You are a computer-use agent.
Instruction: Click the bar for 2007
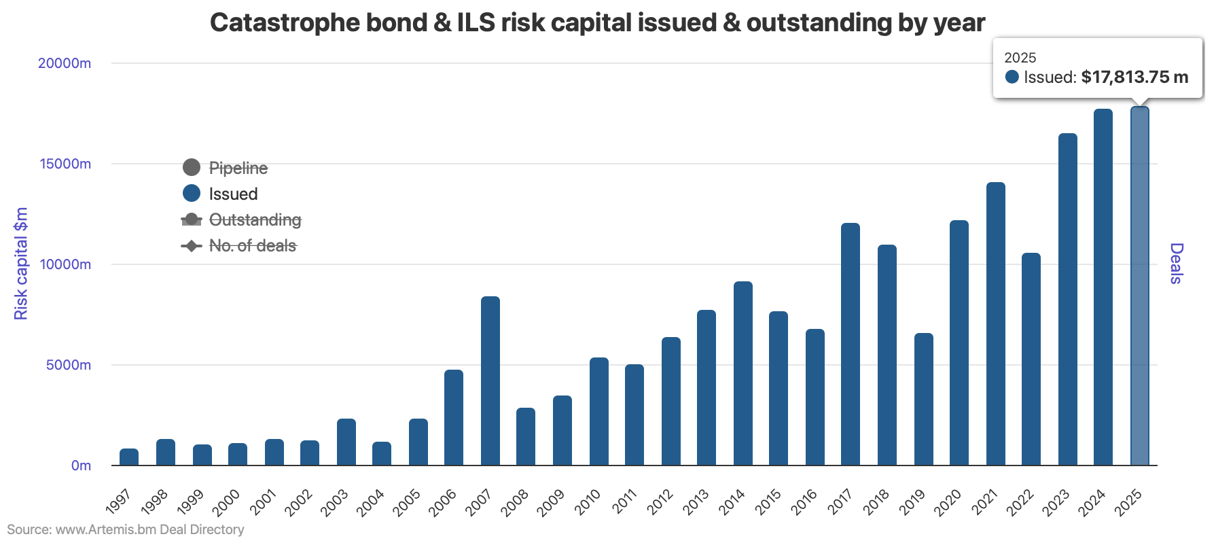pos(490,381)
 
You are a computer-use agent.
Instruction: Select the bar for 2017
pos(850,344)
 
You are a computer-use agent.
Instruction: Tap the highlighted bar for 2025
pos(1139,285)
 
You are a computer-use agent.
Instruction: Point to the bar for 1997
pos(129,457)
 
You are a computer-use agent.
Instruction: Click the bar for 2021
pos(995,323)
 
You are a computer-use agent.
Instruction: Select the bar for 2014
pos(743,373)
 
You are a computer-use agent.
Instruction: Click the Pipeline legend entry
pos(238,168)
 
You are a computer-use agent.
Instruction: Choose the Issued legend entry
pos(233,194)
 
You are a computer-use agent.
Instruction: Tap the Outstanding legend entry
pos(255,219)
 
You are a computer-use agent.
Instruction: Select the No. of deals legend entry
pos(252,245)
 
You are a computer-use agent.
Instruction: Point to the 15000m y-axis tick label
pos(65,164)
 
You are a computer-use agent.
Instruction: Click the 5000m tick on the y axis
pos(68,365)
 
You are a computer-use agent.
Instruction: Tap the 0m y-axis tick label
pos(81,465)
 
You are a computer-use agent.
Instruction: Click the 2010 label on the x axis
pos(588,502)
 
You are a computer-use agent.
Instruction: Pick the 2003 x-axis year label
pos(335,502)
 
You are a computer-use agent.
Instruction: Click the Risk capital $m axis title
pos(21,264)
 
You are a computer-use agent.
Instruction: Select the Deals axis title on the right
pos(1176,264)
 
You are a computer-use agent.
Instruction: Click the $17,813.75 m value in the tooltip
pos(1134,77)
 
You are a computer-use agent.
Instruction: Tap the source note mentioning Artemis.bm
pos(126,529)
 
